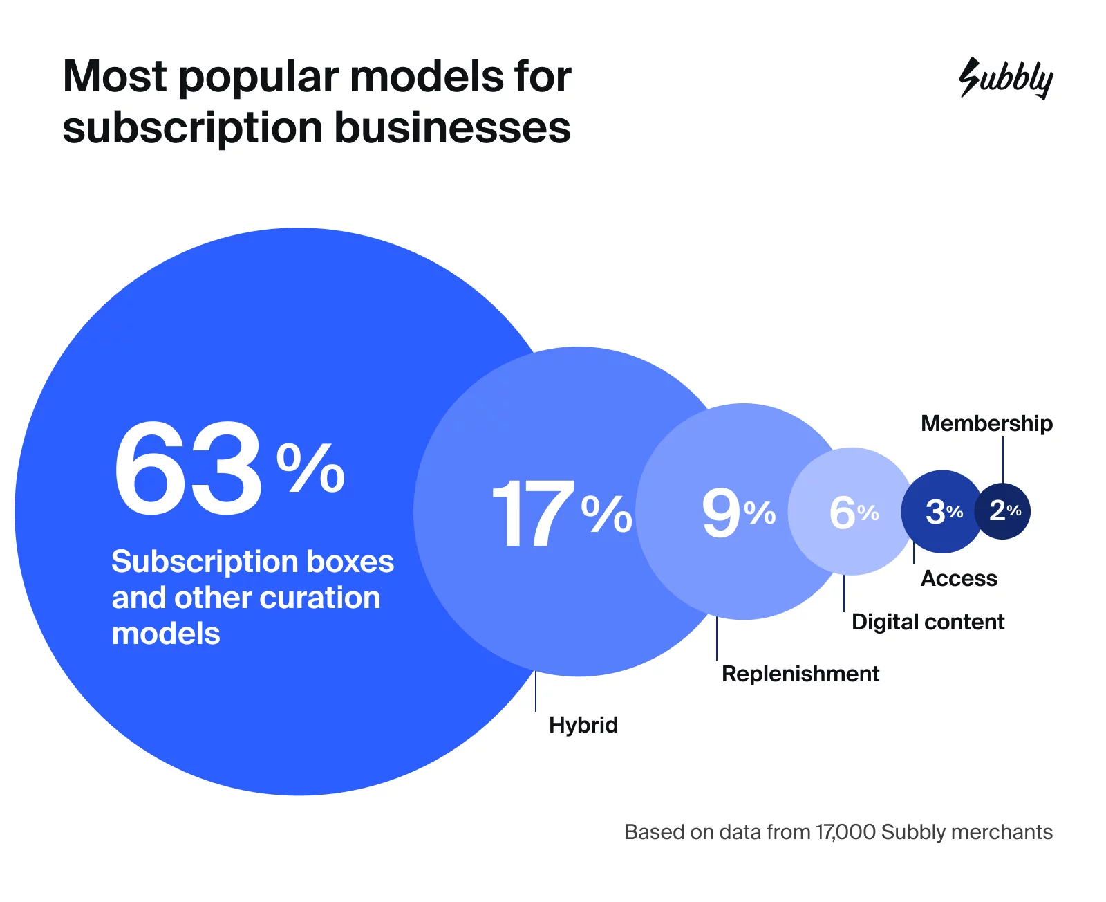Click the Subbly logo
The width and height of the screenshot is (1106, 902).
[x=1006, y=78]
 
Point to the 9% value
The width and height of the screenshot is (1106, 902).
[x=738, y=513]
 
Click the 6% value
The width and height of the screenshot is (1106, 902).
[x=853, y=513]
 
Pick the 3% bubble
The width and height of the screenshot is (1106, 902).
[x=944, y=512]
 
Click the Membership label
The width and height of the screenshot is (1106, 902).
[x=986, y=423]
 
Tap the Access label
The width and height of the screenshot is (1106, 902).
[x=959, y=578]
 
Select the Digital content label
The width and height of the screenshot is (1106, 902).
[x=928, y=622]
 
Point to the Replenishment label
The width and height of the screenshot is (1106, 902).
[x=800, y=674]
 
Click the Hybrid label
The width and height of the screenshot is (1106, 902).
[x=583, y=725]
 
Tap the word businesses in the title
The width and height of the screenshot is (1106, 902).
[x=453, y=129]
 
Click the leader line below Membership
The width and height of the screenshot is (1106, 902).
[x=1003, y=459]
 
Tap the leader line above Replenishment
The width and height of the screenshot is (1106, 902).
[x=717, y=638]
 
